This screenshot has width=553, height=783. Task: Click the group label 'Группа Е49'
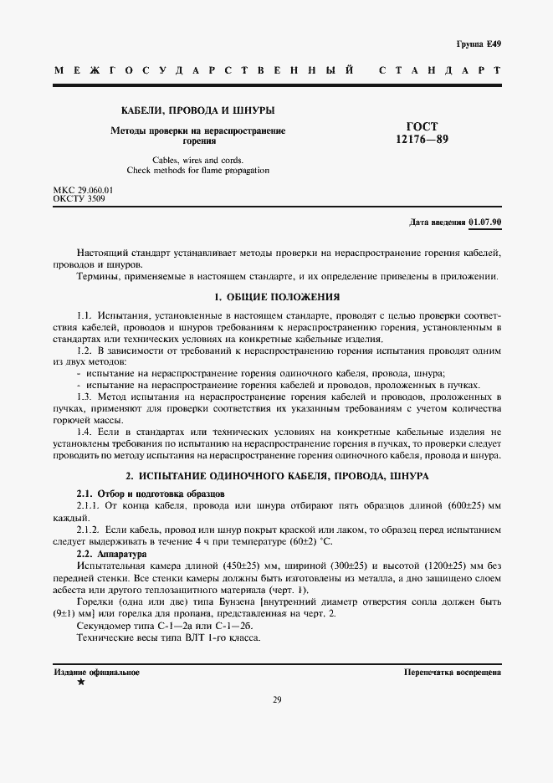pyautogui.click(x=478, y=43)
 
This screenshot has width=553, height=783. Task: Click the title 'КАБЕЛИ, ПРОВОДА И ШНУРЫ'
pyautogui.click(x=198, y=110)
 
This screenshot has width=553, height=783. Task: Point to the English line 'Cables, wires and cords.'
pyautogui.click(x=198, y=160)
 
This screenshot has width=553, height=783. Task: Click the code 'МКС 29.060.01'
pyautogui.click(x=83, y=191)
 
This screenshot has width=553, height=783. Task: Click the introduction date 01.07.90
pyautogui.click(x=485, y=223)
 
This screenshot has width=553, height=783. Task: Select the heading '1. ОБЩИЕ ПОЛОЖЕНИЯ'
pyautogui.click(x=276, y=297)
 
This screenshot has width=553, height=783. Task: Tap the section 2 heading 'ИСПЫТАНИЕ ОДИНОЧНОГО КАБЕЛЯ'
pyautogui.click(x=276, y=475)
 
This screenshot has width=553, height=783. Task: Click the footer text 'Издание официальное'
pyautogui.click(x=96, y=672)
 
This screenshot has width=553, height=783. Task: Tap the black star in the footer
pyautogui.click(x=80, y=683)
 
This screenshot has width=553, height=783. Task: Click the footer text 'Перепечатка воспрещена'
pyautogui.click(x=452, y=672)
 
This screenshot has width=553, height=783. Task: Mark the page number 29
pyautogui.click(x=276, y=700)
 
